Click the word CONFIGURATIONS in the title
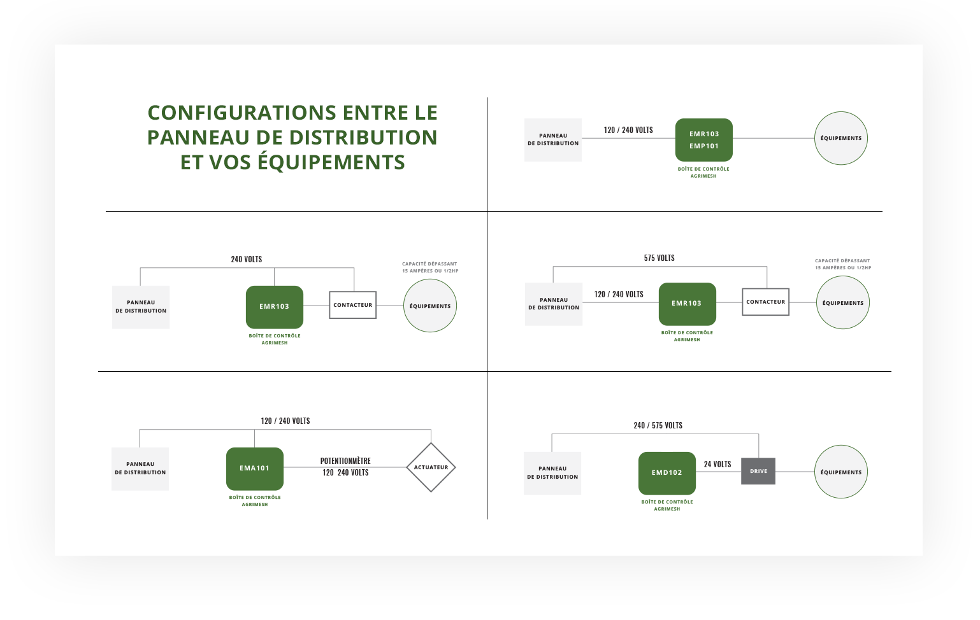click(242, 113)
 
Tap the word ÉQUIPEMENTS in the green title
click(331, 162)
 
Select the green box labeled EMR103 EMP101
click(703, 140)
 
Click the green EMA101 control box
click(255, 469)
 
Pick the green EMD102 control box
click(667, 473)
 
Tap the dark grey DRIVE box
click(758, 471)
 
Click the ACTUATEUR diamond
click(431, 467)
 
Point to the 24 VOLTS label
click(717, 464)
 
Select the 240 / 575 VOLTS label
click(658, 425)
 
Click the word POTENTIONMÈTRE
click(345, 461)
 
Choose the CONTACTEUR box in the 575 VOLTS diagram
click(766, 302)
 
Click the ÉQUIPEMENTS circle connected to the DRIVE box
click(841, 472)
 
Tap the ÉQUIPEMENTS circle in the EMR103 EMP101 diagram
click(841, 138)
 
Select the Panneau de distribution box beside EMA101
click(140, 469)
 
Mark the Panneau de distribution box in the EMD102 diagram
click(552, 473)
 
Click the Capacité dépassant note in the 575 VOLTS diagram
click(842, 264)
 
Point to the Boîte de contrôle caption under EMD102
click(667, 505)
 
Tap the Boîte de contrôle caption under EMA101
click(255, 501)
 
